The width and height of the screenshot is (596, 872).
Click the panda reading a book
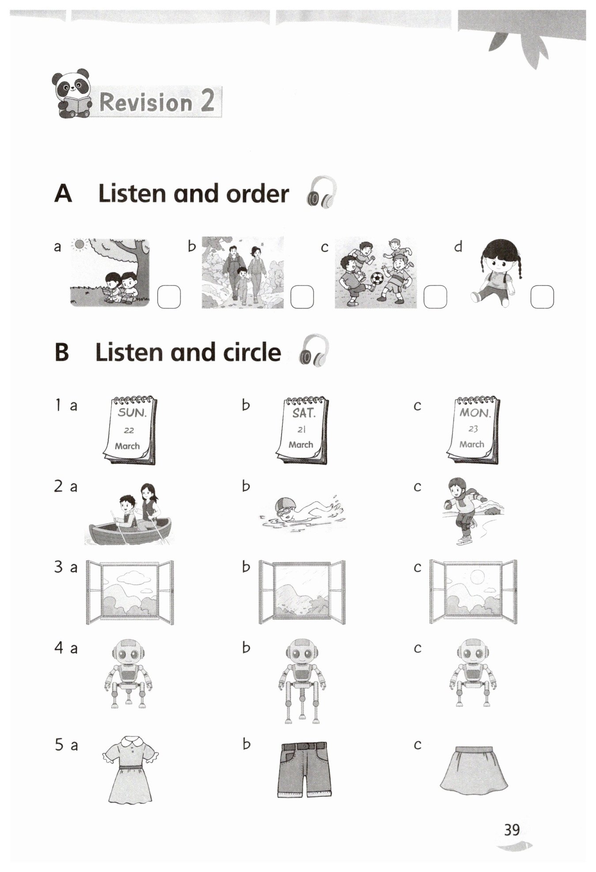pos(72,93)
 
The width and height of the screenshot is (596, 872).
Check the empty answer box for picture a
pos(169,297)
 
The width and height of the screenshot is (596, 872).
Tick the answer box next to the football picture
pos(435,297)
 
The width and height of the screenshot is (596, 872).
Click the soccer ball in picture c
pos(377,279)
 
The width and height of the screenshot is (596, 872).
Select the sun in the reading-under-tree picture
pos(80,244)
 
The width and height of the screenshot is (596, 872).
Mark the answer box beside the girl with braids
pos(542,297)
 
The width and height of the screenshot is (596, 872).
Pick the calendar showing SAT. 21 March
pos(303,430)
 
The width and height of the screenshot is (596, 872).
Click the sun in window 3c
pos(477,577)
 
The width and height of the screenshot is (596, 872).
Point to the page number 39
pos(512,830)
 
